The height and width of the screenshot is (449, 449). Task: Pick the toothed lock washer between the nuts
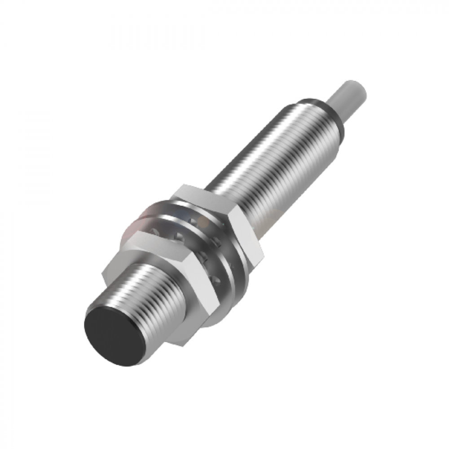click(x=198, y=251)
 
